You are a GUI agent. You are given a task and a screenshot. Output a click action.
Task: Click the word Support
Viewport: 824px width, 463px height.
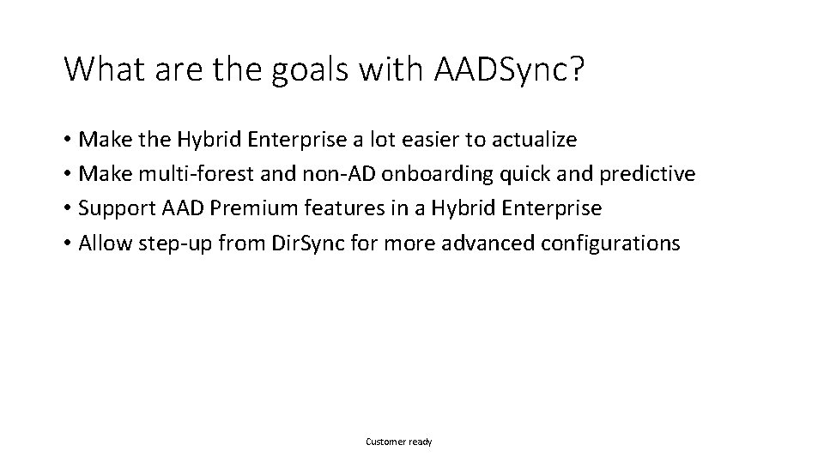pos(112,208)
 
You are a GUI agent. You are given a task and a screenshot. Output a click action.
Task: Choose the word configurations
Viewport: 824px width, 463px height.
pos(611,244)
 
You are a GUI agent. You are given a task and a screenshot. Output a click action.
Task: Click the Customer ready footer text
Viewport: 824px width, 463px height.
pos(399,442)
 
